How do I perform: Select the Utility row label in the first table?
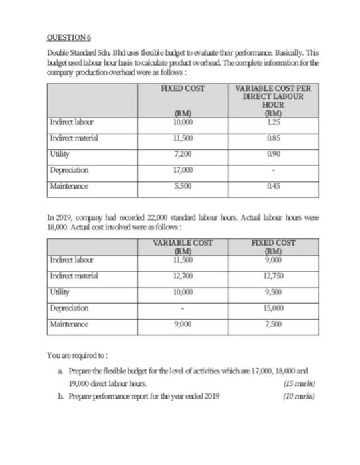[x=60, y=154]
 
